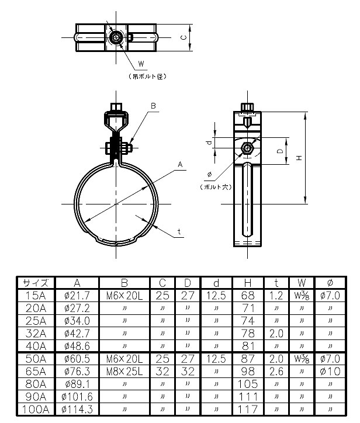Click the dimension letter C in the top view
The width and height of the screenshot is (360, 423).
(x=183, y=38)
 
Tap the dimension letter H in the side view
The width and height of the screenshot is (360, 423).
(x=299, y=158)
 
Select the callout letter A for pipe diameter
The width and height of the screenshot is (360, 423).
(x=181, y=165)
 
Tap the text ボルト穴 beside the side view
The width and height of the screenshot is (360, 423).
(x=216, y=186)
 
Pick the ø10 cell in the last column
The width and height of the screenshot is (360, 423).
(x=330, y=372)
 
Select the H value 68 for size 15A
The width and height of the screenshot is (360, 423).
(x=248, y=296)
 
